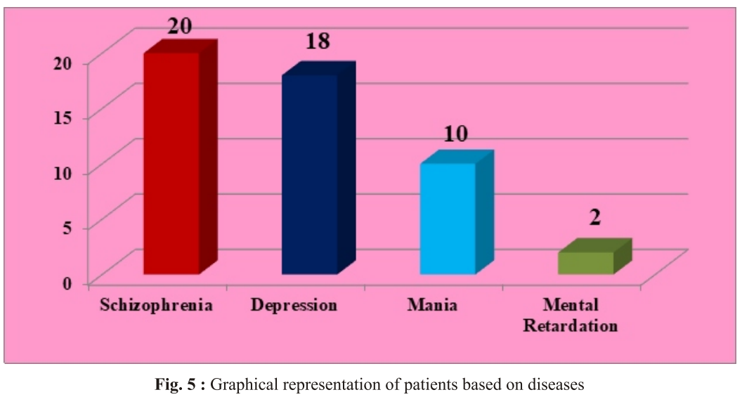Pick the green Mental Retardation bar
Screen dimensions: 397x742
[x=586, y=263]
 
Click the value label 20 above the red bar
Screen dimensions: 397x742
[x=180, y=25]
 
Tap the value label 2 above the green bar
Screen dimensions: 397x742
[x=594, y=216]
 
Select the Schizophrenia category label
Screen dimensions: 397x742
[x=156, y=306]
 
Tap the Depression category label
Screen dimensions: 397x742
[x=294, y=306]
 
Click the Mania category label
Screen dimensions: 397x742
[x=432, y=306]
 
